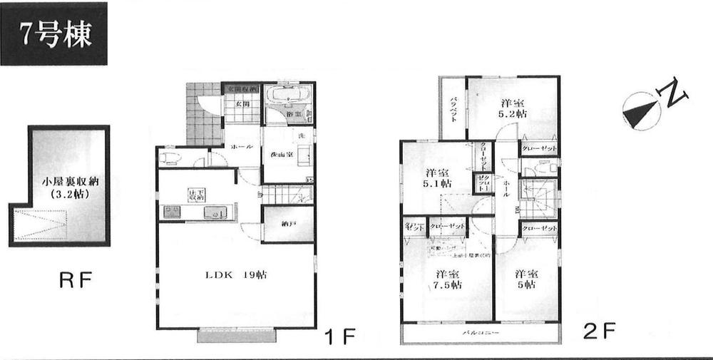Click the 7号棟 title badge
tap(54, 34)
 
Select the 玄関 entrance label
tap(241, 105)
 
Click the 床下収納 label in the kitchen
tap(193, 195)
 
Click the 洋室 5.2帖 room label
tap(513, 107)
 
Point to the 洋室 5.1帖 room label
tap(437, 178)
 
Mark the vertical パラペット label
tap(452, 110)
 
